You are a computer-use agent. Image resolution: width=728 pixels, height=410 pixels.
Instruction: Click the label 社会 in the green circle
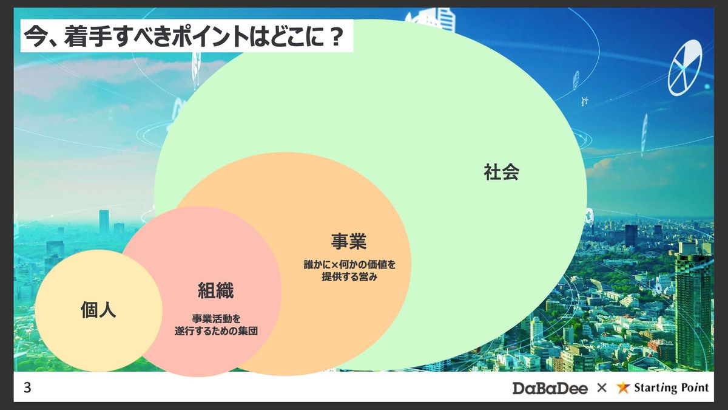click(x=502, y=172)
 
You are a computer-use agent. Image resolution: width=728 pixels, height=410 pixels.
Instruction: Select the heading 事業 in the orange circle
click(x=349, y=242)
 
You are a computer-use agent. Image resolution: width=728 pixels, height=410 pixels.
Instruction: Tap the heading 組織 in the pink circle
click(x=216, y=290)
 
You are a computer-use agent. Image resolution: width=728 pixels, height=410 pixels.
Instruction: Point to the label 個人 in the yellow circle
click(x=98, y=309)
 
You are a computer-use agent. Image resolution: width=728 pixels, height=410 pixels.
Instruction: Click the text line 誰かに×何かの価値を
click(x=349, y=265)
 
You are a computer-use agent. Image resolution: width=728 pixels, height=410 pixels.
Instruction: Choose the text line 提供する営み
click(x=349, y=276)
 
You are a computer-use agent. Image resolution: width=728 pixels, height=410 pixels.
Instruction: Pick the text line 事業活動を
click(x=216, y=318)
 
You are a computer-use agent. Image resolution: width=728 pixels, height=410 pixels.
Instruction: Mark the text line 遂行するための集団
click(x=216, y=331)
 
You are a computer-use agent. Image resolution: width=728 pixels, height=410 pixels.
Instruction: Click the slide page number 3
click(x=27, y=388)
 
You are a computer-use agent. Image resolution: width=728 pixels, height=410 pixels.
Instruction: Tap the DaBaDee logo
click(x=550, y=388)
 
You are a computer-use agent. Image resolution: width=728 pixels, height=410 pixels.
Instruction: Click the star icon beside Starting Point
click(x=622, y=388)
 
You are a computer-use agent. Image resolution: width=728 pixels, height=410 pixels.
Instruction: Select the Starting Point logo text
click(x=671, y=388)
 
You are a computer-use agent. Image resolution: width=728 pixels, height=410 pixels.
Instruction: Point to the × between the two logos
click(x=602, y=388)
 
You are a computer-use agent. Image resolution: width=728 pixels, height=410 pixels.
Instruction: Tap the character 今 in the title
click(x=35, y=36)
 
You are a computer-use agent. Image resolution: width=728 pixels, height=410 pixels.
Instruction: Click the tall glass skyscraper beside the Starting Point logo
click(x=694, y=312)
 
